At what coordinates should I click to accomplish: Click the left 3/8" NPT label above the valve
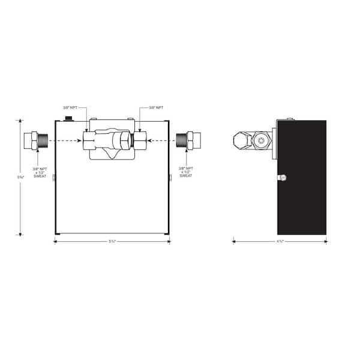click(x=70, y=108)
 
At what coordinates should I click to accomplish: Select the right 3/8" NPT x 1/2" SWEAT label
click(x=185, y=173)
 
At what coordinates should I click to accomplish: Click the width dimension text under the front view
click(x=112, y=241)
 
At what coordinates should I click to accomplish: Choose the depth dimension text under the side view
click(x=279, y=241)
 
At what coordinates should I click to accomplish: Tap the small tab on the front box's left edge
click(x=53, y=177)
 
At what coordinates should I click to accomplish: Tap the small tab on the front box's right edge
click(x=170, y=177)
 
